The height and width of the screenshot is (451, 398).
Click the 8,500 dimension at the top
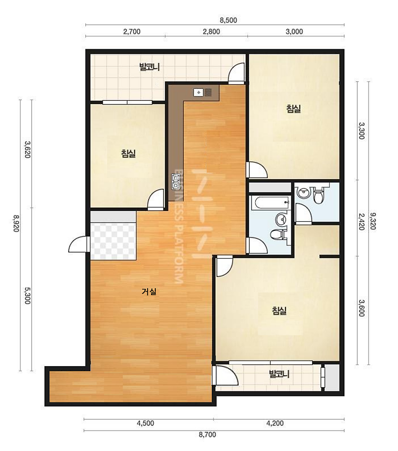click(228, 20)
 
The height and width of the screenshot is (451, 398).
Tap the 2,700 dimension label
click(132, 31)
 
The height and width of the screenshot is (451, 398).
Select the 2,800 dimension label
click(211, 31)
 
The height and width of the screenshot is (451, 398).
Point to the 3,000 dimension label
click(294, 31)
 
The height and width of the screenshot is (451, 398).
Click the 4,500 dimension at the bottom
click(145, 423)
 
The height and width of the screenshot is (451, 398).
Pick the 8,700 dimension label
click(207, 435)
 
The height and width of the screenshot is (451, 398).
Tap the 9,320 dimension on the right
click(373, 221)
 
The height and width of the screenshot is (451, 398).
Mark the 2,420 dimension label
click(361, 221)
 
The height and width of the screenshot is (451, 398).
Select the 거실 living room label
click(149, 292)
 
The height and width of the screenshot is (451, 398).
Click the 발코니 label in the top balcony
click(150, 67)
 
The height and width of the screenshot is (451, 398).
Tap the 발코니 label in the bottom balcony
click(279, 374)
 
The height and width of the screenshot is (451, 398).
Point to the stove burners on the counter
click(176, 182)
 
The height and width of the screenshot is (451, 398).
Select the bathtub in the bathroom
click(270, 203)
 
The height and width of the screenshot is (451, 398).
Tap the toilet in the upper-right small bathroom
click(318, 195)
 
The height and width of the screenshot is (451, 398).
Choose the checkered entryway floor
click(113, 241)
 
